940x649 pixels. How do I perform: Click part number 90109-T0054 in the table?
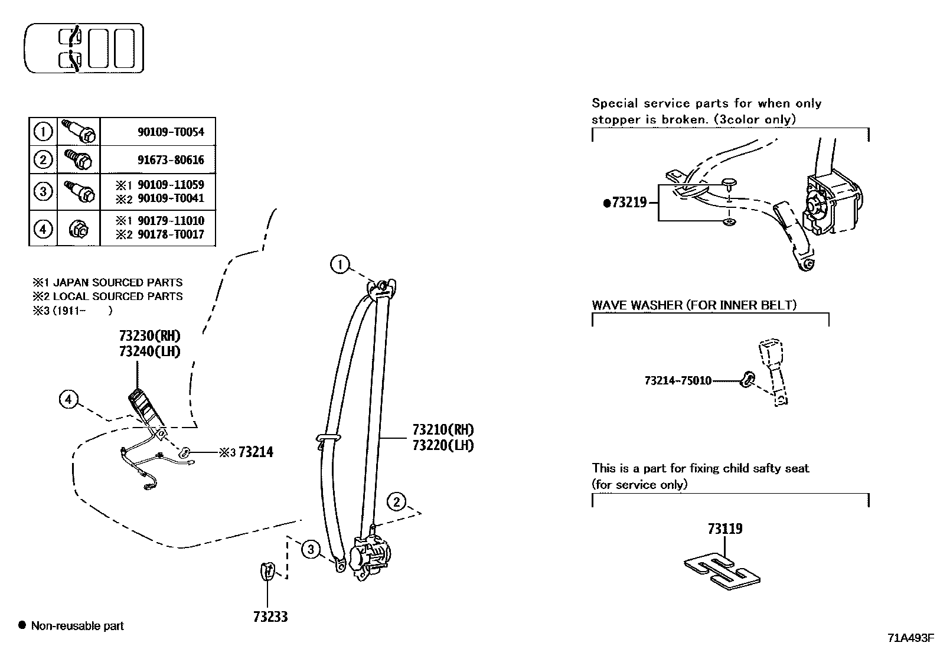pos(171,132)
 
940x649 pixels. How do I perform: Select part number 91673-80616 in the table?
pos(171,159)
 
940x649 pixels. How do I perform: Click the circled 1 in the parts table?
pos(43,131)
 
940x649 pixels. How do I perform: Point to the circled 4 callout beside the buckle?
pos(68,400)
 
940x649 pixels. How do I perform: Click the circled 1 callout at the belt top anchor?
pos(340,265)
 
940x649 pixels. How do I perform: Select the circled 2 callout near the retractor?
pos(396,502)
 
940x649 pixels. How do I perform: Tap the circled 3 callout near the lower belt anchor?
pos(311,550)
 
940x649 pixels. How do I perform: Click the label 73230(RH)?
pos(149,336)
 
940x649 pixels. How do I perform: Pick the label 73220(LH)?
pos(444,445)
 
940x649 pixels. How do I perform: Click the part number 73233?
pos(270,617)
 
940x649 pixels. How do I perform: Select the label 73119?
pos(725,529)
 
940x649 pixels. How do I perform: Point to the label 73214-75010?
pos(677,381)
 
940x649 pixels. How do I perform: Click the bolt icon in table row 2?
pos(79,159)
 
